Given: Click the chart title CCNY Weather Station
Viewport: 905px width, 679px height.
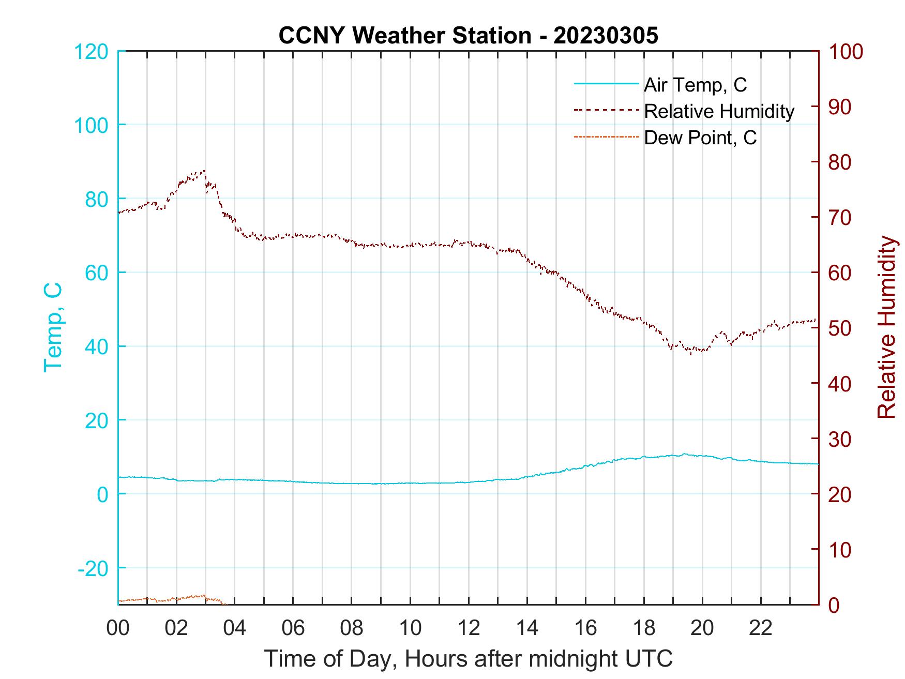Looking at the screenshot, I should (468, 36).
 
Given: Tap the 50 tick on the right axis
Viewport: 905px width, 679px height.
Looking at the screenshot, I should (840, 328).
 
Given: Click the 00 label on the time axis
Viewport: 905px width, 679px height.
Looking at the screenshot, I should (118, 629).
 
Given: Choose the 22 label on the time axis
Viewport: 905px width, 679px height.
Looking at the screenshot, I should (761, 629).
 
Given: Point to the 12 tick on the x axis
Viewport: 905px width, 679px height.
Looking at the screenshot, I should (469, 629).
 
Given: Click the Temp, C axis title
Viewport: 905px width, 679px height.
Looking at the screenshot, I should (53, 327).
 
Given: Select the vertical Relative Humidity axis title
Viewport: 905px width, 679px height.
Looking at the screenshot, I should (886, 327).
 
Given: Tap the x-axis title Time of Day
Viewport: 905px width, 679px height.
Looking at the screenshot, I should (468, 659).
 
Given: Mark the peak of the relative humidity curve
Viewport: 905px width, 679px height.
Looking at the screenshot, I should (204, 171).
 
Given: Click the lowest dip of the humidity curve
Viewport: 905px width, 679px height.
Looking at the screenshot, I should (690, 354).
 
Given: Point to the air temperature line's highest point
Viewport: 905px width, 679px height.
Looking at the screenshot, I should (685, 454).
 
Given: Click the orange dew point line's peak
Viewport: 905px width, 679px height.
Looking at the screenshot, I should (204, 595).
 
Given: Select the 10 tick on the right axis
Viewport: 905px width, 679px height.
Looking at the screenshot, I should (840, 550).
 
